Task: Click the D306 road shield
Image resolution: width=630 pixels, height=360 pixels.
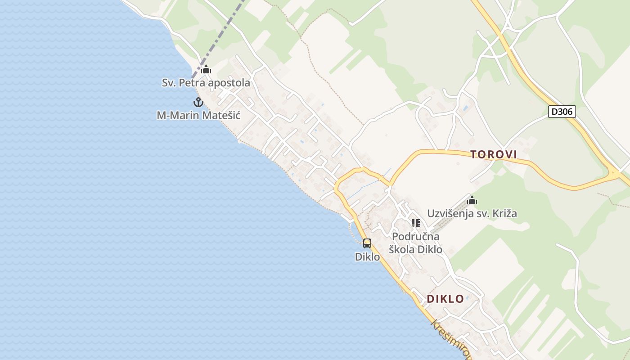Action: (562, 112)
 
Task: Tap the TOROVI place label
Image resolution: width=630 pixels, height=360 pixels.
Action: (494, 155)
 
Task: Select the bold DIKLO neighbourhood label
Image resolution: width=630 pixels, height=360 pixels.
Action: (445, 299)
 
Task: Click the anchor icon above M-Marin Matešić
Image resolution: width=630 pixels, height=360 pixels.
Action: (198, 102)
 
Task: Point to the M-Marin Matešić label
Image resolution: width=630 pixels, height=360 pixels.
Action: (198, 116)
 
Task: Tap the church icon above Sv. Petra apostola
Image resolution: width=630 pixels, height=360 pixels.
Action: (206, 69)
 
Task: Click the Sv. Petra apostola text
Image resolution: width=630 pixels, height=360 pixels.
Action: (206, 83)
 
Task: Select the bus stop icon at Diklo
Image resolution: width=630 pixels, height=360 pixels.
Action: (367, 243)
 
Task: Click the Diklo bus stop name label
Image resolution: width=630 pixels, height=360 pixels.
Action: (367, 257)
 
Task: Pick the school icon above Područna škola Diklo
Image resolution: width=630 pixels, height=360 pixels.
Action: (416, 223)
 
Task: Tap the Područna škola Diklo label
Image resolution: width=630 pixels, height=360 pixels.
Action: (416, 243)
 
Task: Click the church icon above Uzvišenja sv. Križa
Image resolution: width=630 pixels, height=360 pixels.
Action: (472, 200)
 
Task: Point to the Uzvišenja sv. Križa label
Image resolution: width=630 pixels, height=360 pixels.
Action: (472, 214)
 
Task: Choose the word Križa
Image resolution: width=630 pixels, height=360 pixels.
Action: (504, 214)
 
